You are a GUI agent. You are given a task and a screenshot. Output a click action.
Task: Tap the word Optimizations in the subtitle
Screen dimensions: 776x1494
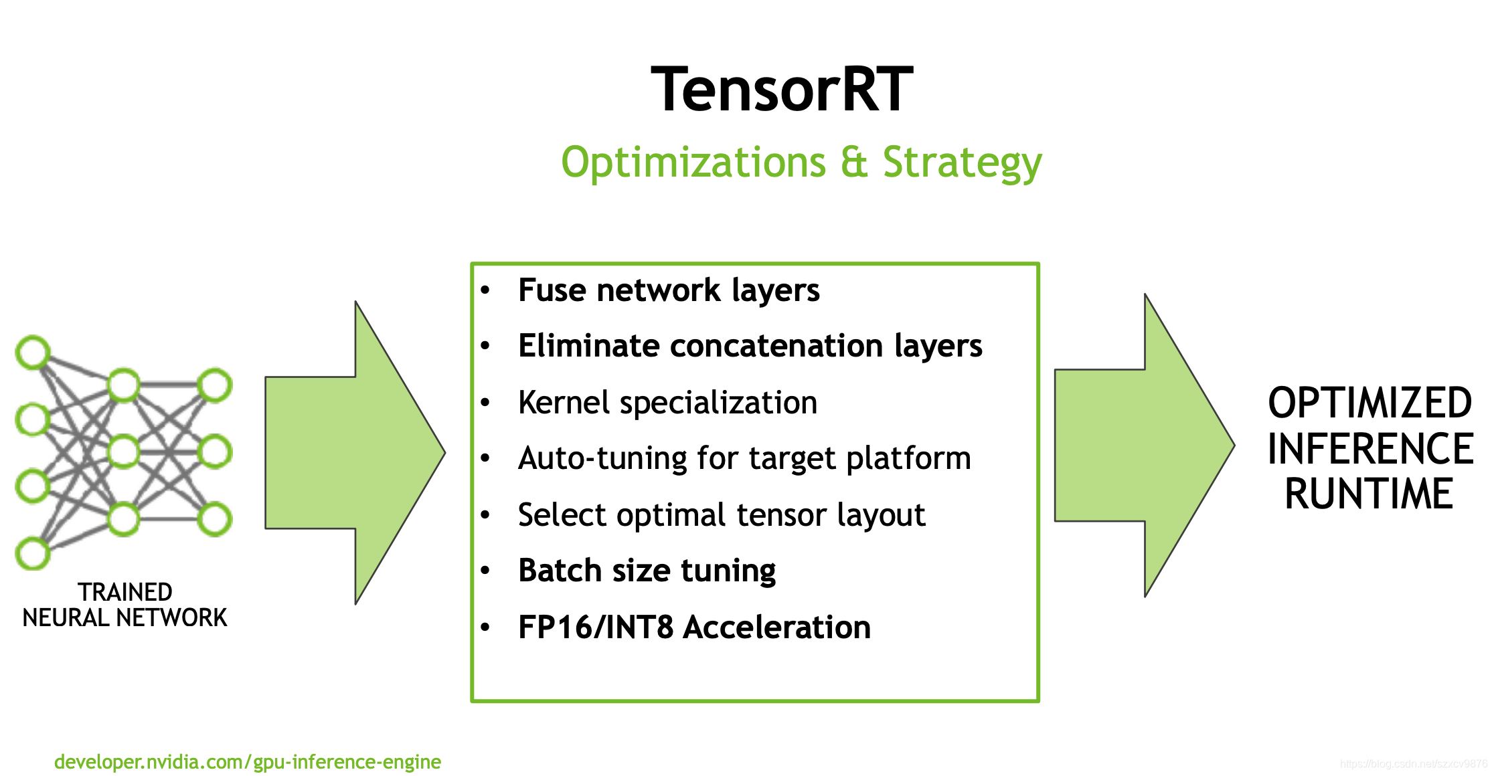(693, 163)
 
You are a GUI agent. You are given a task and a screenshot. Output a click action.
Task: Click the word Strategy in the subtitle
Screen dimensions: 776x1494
(962, 163)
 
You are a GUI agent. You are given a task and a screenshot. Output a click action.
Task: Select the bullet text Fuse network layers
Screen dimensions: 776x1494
(668, 290)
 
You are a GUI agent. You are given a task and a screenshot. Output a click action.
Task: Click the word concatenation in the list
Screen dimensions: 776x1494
(776, 346)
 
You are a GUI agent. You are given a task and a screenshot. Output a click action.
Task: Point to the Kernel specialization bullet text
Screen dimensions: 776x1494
(667, 403)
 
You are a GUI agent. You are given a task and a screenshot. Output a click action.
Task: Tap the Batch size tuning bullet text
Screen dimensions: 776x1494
(647, 571)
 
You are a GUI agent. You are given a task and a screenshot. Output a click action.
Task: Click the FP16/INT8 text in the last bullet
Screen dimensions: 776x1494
(595, 627)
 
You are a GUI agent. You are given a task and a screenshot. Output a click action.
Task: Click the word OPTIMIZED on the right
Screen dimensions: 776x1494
(1369, 403)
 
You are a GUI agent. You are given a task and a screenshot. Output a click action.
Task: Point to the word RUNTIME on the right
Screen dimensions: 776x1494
(1369, 494)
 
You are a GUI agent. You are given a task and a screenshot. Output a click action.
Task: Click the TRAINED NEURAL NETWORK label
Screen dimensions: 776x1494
(124, 605)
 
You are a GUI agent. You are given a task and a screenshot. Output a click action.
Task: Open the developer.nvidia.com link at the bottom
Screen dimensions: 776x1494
(247, 762)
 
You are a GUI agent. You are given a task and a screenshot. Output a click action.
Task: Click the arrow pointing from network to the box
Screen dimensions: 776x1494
(355, 453)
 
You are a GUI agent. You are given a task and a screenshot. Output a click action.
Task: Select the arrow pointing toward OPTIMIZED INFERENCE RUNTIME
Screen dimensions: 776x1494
(1144, 446)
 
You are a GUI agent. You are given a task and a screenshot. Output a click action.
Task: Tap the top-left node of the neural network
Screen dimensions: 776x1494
(33, 353)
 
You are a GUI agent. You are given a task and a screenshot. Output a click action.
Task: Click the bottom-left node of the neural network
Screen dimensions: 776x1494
(33, 553)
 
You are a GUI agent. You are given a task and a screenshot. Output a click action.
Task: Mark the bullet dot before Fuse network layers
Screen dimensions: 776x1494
(485, 290)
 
